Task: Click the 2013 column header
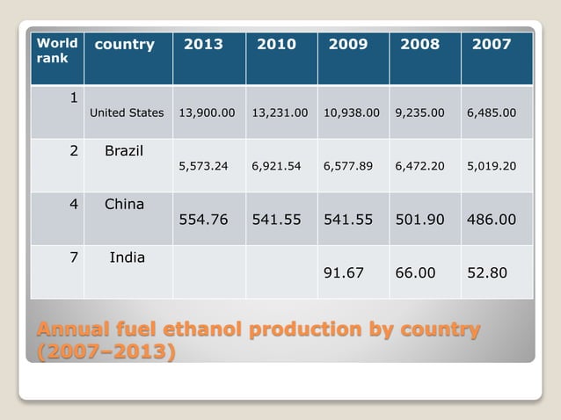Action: pos(203,44)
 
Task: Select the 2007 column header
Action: pos(492,44)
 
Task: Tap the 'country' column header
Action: pos(125,44)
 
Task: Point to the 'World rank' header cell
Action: pos(57,50)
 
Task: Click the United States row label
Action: pos(127,112)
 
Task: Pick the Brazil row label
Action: pos(124,151)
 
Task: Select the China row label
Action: pos(124,204)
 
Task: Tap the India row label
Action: pos(127,257)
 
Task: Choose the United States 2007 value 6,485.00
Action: pos(492,112)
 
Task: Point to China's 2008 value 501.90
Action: pos(419,220)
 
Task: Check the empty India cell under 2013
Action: pos(208,272)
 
